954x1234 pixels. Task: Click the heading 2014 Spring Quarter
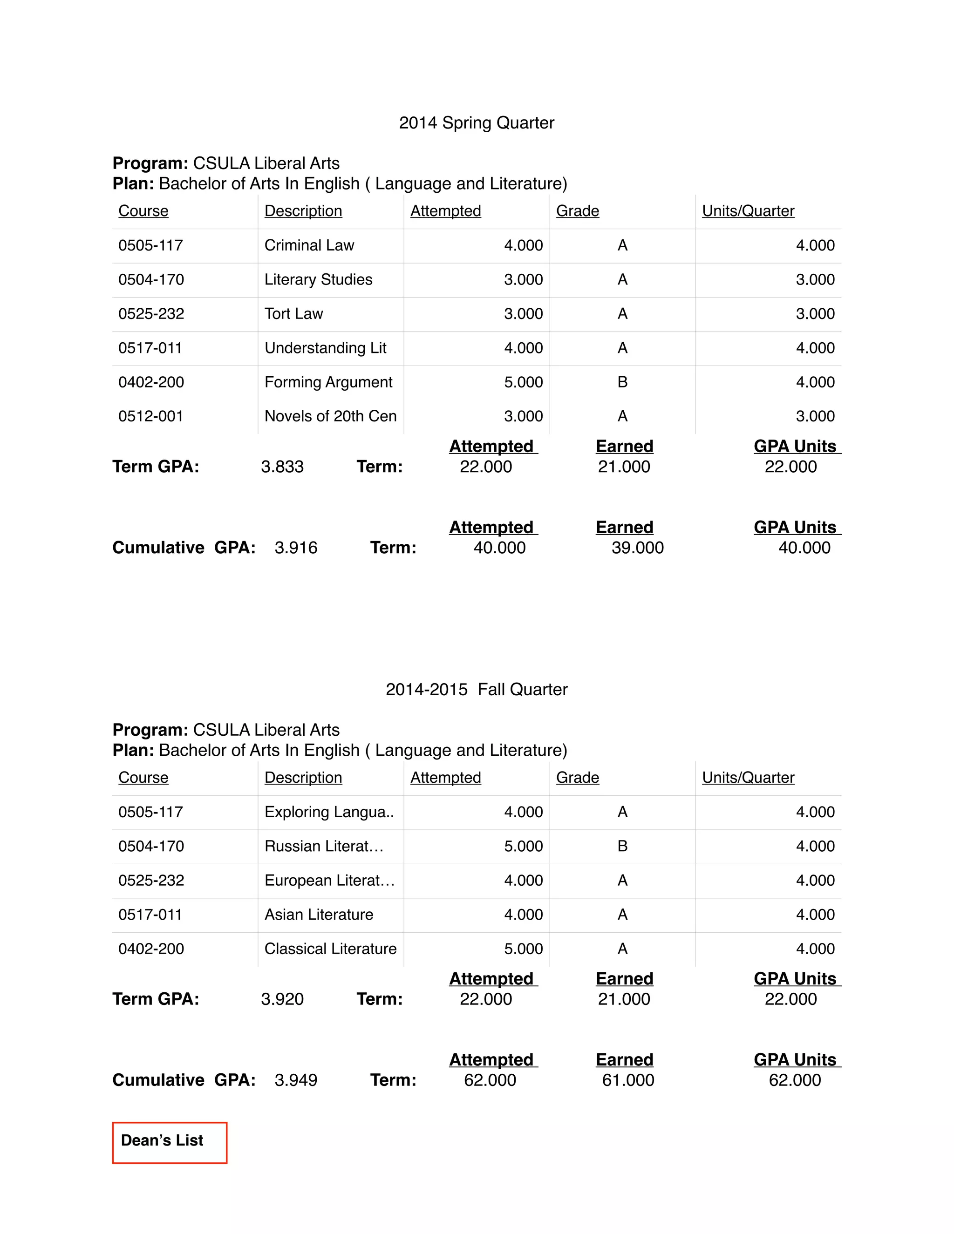pyautogui.click(x=477, y=122)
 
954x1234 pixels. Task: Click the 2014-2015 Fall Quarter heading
pyautogui.click(x=477, y=689)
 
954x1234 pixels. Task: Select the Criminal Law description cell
pyautogui.click(x=309, y=245)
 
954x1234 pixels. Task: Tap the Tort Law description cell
pyautogui.click(x=293, y=313)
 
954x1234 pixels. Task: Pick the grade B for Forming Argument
pyautogui.click(x=622, y=382)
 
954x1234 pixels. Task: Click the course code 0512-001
pyautogui.click(x=151, y=416)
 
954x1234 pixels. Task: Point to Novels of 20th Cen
pyautogui.click(x=330, y=416)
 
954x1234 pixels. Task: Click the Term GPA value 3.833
pyautogui.click(x=282, y=467)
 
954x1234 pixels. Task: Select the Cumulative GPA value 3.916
pyautogui.click(x=296, y=548)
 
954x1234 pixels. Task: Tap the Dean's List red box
pyautogui.click(x=170, y=1142)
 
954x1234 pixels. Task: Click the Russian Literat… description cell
pyautogui.click(x=324, y=846)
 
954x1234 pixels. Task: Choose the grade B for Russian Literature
pyautogui.click(x=622, y=846)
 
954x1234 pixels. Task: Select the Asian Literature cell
pyautogui.click(x=319, y=914)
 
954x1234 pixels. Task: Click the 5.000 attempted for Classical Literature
pyautogui.click(x=523, y=949)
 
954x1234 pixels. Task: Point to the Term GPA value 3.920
pyautogui.click(x=282, y=999)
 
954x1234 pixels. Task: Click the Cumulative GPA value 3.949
pyautogui.click(x=296, y=1080)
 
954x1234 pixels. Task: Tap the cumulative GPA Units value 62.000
pyautogui.click(x=795, y=1080)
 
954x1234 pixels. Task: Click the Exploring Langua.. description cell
pyautogui.click(x=329, y=812)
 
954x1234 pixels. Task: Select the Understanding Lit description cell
pyautogui.click(x=325, y=348)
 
